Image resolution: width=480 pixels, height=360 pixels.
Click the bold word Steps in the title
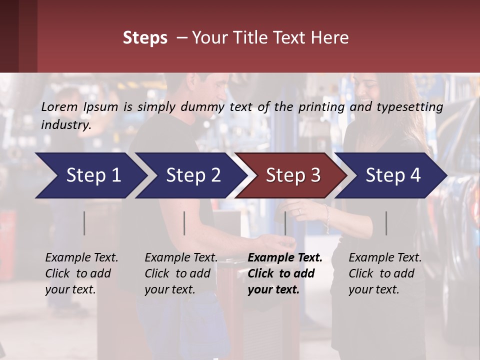(x=145, y=38)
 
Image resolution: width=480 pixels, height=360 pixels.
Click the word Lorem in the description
(x=59, y=106)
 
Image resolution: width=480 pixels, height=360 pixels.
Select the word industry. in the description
(x=66, y=124)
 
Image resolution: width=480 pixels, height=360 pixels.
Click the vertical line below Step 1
(x=84, y=223)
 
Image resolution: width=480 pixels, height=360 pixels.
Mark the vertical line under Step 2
(x=184, y=223)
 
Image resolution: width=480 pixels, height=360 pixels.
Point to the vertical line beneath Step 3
(x=285, y=223)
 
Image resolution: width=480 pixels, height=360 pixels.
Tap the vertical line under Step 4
(x=386, y=223)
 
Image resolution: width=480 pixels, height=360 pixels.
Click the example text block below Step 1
(x=81, y=273)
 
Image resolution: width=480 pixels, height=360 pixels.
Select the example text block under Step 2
(x=181, y=273)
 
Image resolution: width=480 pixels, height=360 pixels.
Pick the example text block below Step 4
(x=385, y=273)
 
